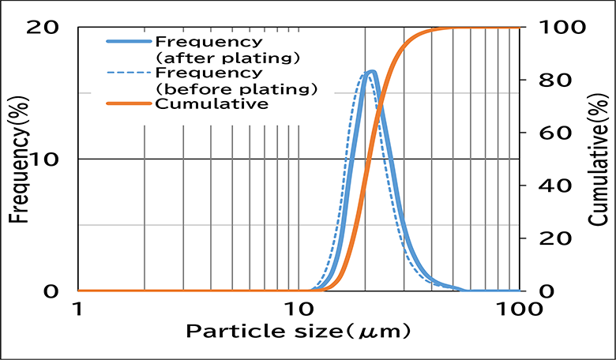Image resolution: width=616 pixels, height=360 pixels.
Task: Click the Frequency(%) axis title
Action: [18, 158]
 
